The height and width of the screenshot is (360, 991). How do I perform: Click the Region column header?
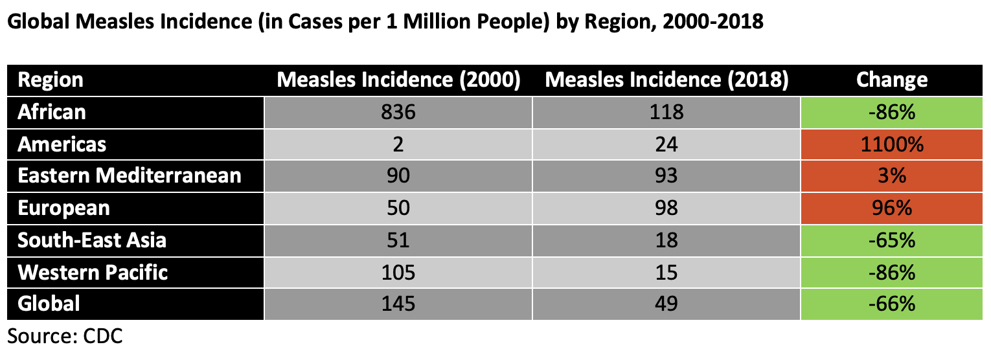coord(51,80)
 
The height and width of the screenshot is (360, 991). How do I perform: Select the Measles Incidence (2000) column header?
coord(398,80)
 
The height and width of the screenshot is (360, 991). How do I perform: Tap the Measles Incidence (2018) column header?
coord(666,80)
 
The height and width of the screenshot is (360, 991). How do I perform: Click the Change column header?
coord(891,80)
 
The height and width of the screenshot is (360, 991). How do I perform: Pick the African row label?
coord(52,112)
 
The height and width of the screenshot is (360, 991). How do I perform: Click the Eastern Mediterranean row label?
coord(130,176)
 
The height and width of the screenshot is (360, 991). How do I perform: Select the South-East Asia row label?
coord(92,240)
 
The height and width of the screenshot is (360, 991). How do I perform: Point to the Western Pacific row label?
coord(93,272)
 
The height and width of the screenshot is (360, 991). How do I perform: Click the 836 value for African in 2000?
coord(398,113)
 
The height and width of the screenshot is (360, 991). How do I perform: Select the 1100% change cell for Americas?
coord(891,144)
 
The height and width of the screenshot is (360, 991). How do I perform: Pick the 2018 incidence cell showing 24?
coord(666,144)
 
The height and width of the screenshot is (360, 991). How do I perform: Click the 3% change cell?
coord(891,176)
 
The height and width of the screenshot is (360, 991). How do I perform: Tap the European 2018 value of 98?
coord(666,208)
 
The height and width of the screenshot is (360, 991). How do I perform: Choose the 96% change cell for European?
coord(891,208)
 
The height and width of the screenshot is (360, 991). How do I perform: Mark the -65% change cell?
coord(891,240)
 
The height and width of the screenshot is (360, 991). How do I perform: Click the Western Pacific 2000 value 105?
coord(398,272)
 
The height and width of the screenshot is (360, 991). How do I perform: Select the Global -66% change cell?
coord(891,304)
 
